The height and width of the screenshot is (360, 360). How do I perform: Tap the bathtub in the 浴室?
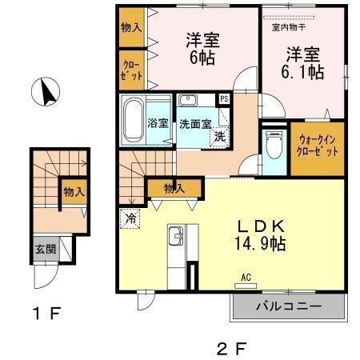click(133, 118)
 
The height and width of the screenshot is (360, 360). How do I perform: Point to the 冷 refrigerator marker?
click(130, 217)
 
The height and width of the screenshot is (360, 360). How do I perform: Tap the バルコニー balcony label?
click(288, 306)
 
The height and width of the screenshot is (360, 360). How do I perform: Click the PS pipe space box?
click(223, 99)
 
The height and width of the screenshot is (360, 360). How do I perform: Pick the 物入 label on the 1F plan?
click(74, 192)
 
